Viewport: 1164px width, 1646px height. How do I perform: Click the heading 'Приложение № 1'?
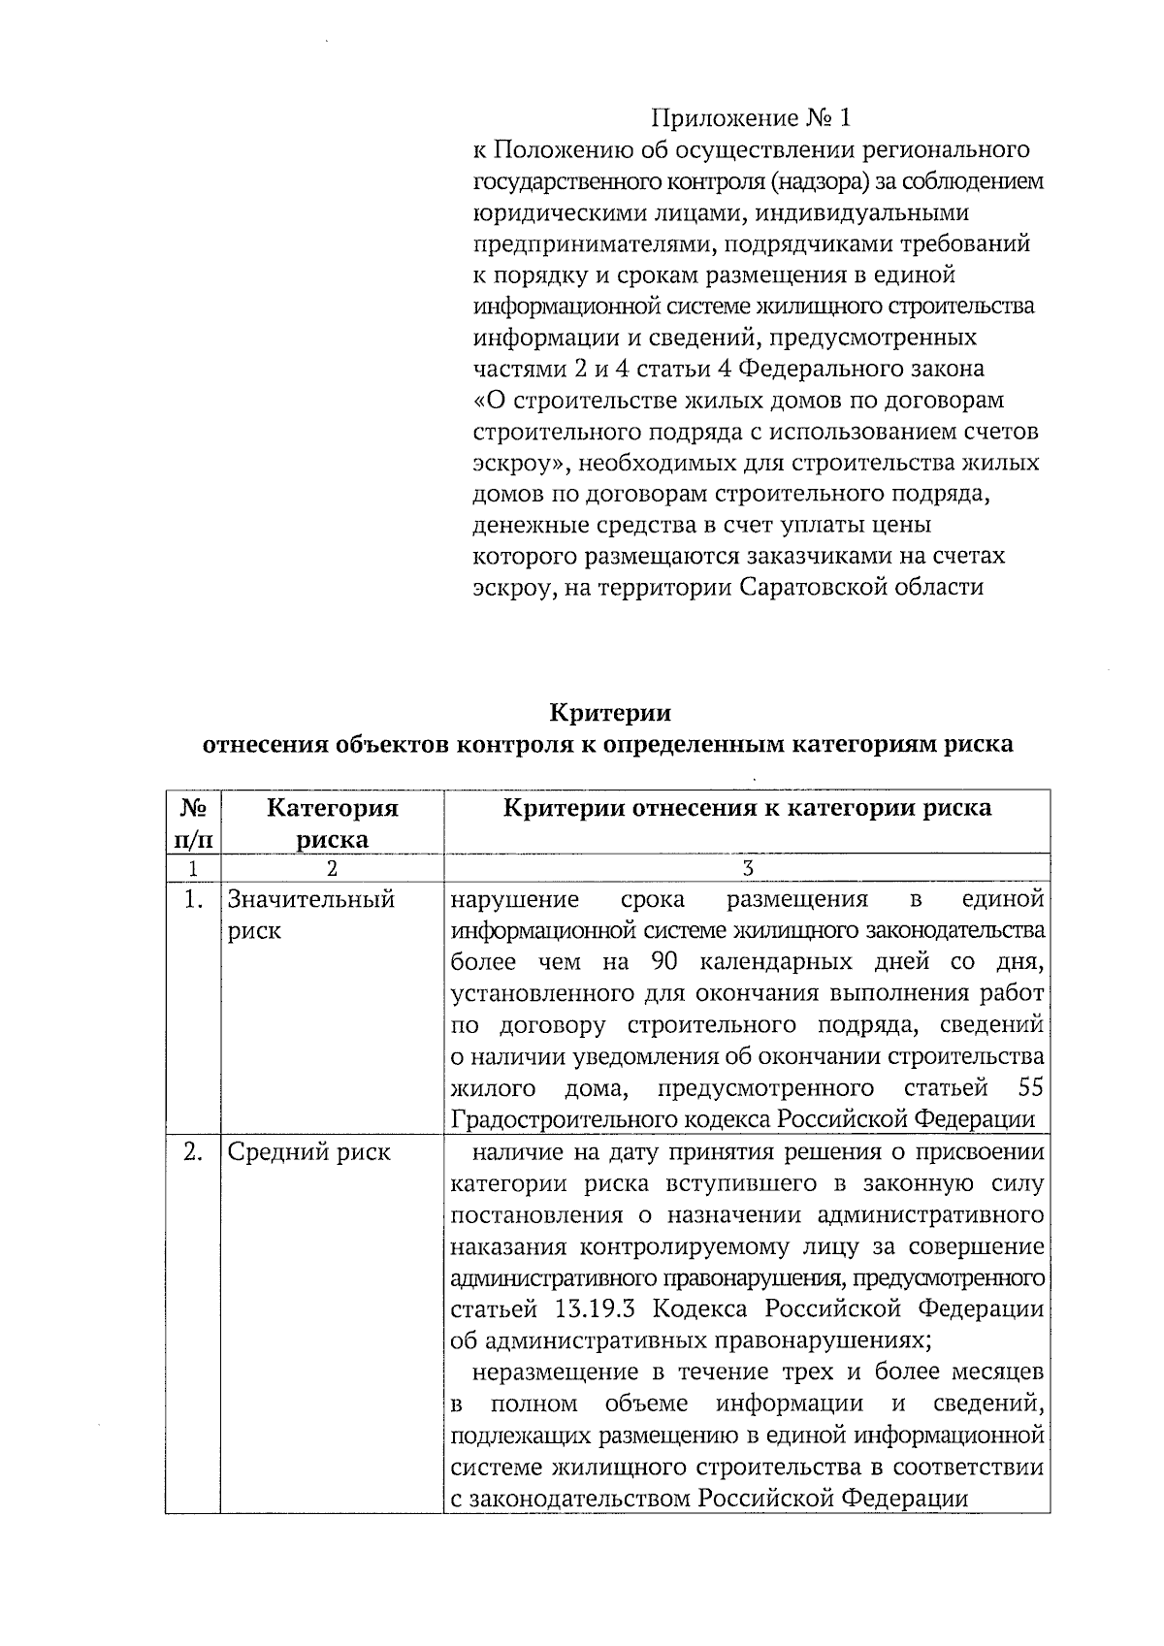tap(752, 118)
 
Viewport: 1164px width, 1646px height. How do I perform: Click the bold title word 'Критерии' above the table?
tap(610, 713)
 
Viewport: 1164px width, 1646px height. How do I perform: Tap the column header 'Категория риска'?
tap(332, 823)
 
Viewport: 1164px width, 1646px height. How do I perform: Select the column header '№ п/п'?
tap(192, 823)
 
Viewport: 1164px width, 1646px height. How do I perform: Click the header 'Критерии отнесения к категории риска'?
tap(747, 808)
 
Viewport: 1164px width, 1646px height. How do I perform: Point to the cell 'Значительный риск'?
tap(310, 915)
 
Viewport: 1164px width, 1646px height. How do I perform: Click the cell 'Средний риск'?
tap(308, 1152)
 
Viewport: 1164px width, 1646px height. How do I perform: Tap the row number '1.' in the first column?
tap(193, 900)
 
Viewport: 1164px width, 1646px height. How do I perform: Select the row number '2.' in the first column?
tap(193, 1152)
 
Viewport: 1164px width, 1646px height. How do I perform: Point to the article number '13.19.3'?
tap(595, 1309)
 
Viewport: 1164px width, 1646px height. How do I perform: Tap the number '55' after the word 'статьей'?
tap(1030, 1088)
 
